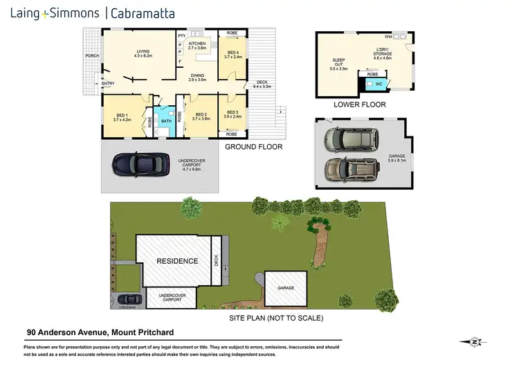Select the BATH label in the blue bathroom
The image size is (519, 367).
166,120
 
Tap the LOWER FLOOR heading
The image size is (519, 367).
359,105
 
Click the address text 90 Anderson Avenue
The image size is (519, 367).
66,332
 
